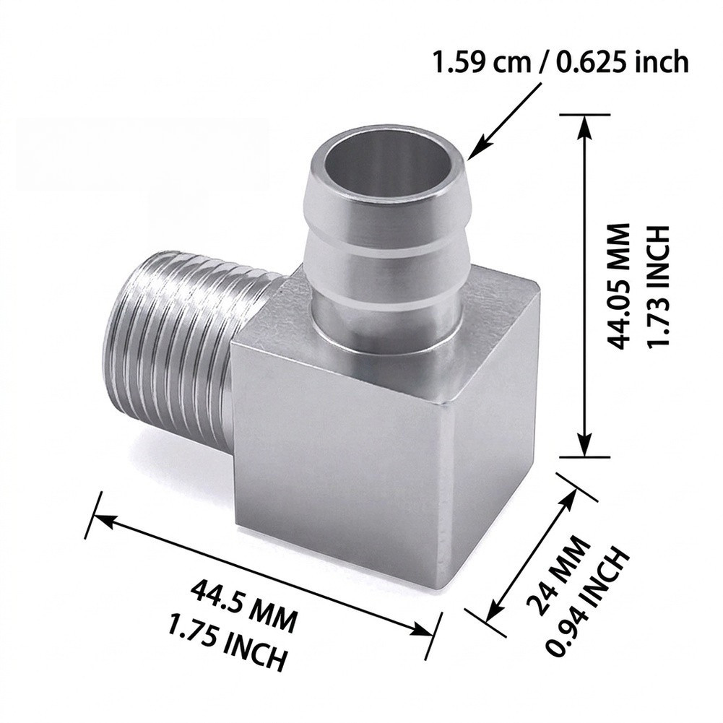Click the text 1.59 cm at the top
coord(482,61)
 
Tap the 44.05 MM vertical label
coord(618,286)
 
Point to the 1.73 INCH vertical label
coord(656,286)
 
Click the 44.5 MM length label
coord(243,606)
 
